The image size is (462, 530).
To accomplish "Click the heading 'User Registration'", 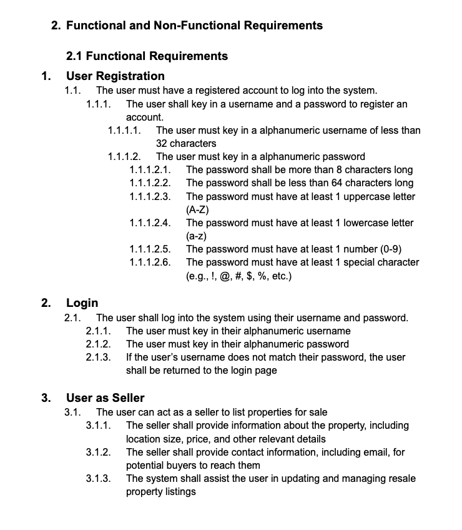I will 115,76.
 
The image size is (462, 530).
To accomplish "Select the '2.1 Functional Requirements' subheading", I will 147,56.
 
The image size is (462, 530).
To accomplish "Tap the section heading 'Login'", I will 82,303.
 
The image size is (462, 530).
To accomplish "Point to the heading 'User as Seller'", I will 105,397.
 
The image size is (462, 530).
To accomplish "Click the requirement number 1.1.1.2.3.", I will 150,196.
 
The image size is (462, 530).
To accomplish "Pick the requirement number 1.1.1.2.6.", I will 150,262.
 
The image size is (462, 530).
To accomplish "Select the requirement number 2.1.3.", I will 99,357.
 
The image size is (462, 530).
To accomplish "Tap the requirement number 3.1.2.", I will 99,452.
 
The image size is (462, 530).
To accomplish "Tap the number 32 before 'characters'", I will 162,143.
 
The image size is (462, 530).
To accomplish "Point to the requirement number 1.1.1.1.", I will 124,130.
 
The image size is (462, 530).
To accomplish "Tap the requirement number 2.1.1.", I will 99,331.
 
